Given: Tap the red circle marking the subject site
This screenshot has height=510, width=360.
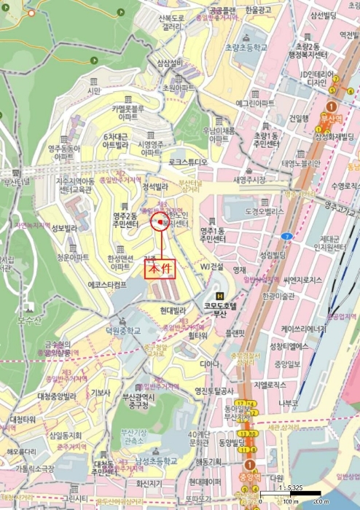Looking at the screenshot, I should pyautogui.click(x=160, y=221).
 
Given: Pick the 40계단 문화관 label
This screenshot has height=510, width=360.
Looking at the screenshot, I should pyautogui.click(x=198, y=439).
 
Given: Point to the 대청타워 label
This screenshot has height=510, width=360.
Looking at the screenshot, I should pyautogui.click(x=24, y=420).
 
